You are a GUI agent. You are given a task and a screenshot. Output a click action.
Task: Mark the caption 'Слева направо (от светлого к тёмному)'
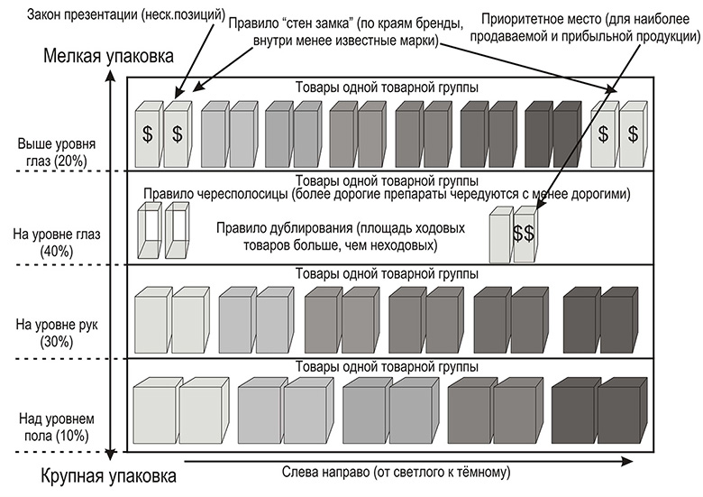pyautogui.click(x=397, y=472)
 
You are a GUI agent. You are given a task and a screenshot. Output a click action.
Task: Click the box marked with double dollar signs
pyautogui.click(x=523, y=234)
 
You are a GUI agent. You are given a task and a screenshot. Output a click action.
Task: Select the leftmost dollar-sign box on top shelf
pyautogui.click(x=147, y=133)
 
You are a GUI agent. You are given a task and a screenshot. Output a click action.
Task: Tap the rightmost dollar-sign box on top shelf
pyautogui.click(x=633, y=133)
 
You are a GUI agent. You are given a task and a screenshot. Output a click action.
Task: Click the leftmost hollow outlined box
pyautogui.click(x=147, y=234)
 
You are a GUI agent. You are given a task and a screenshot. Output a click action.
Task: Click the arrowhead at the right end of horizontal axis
pyautogui.click(x=622, y=460)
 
